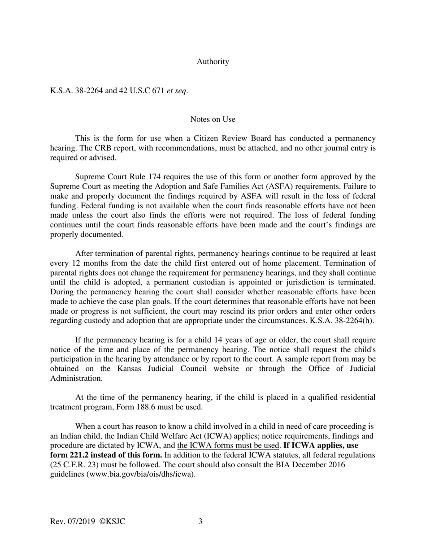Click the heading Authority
click(x=213, y=62)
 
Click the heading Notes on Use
click(x=213, y=119)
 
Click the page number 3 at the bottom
click(x=200, y=521)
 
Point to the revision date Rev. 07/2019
click(x=72, y=521)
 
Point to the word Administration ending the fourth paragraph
click(x=76, y=379)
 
